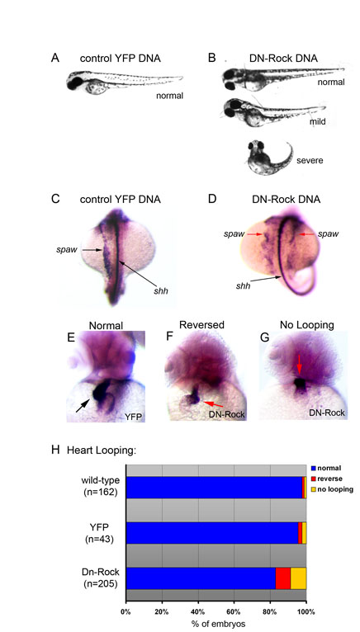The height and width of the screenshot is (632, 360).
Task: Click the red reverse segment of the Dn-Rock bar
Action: click(283, 578)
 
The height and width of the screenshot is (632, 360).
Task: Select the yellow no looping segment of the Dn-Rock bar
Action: click(298, 578)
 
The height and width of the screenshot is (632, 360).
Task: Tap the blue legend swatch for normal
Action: click(313, 469)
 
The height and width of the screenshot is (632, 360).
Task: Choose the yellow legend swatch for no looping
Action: click(313, 489)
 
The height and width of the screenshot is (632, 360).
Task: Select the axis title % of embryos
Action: click(216, 623)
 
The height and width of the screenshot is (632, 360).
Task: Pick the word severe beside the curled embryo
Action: click(309, 160)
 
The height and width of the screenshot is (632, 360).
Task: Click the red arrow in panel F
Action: click(213, 403)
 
